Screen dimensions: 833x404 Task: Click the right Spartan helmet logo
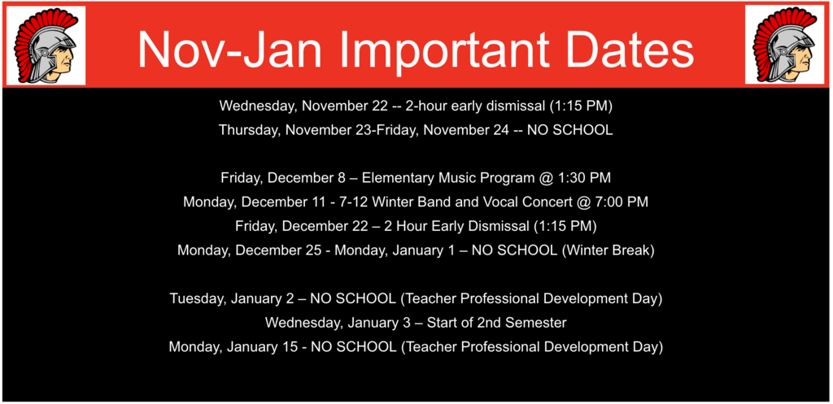pos(787,46)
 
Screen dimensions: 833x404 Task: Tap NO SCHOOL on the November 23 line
pos(569,130)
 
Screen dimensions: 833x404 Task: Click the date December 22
pos(325,226)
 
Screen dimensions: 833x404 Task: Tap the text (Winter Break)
pos(608,250)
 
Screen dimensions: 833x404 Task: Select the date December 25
pos(279,250)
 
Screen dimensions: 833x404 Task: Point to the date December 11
pos(284,202)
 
